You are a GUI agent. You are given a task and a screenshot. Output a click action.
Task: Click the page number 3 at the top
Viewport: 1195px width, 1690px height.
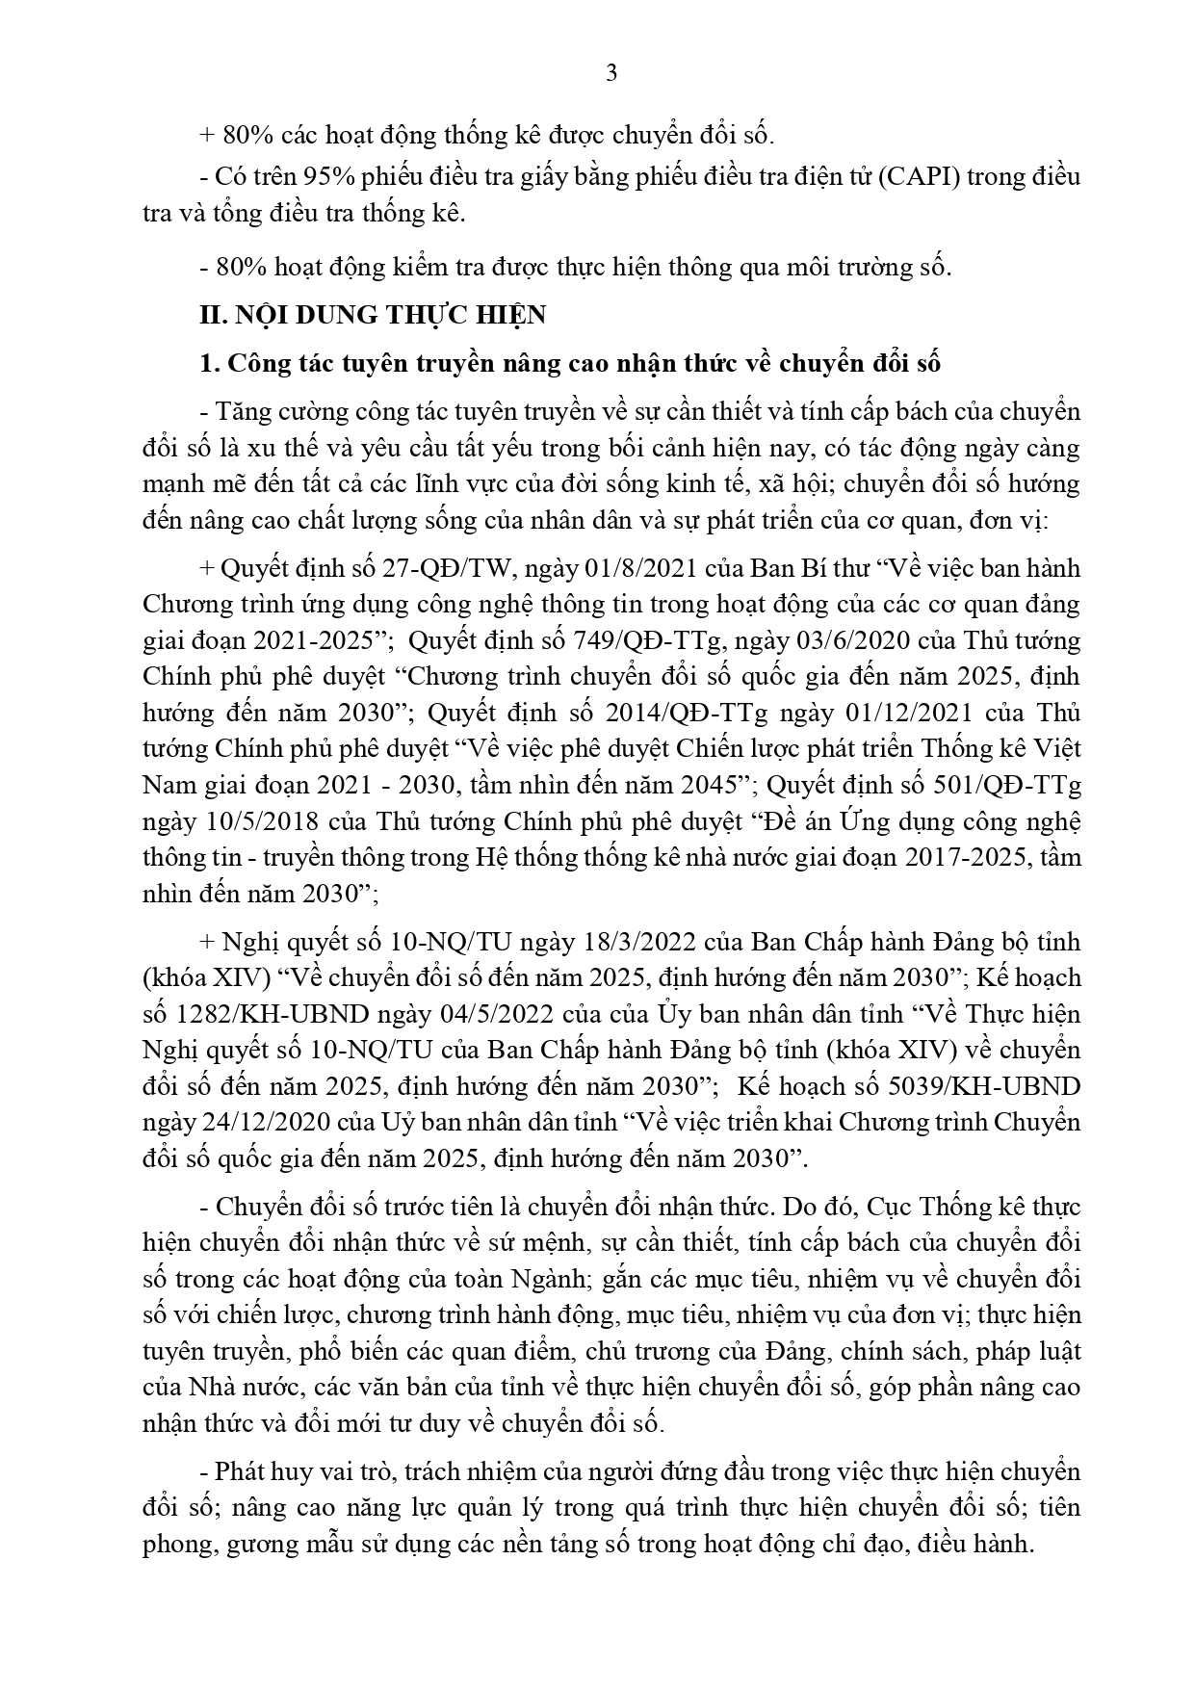coord(610,73)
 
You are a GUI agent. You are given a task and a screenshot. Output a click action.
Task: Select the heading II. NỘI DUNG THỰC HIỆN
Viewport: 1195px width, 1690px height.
coord(372,315)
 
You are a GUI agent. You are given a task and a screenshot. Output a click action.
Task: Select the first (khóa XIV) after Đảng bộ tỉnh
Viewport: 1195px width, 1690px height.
coord(203,977)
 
